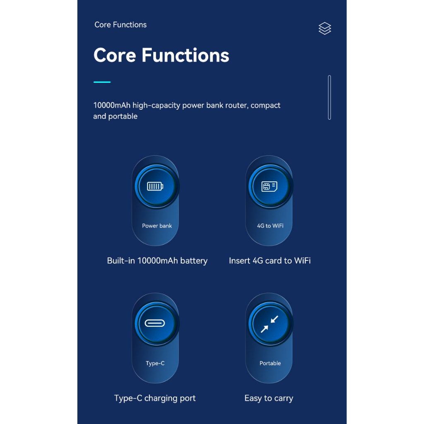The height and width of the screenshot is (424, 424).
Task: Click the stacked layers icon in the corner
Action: (x=325, y=29)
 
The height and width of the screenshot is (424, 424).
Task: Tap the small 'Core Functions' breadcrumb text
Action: (x=120, y=24)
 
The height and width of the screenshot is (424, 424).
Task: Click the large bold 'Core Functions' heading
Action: (x=161, y=55)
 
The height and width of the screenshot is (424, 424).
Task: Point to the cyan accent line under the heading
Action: (x=102, y=82)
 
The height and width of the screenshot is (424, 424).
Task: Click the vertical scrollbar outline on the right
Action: (x=329, y=97)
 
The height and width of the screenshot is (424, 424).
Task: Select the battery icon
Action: (x=155, y=186)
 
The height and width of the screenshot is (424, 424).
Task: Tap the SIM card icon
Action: (x=269, y=186)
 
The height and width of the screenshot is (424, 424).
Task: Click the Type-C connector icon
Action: (x=155, y=323)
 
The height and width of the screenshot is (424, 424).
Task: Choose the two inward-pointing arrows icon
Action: (x=269, y=324)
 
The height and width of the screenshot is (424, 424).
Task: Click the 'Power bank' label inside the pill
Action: (x=157, y=226)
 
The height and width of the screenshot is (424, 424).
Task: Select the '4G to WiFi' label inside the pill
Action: (x=270, y=226)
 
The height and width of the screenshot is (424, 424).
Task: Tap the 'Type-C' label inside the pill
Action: (x=155, y=363)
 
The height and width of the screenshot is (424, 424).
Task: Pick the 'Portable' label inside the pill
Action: (x=270, y=363)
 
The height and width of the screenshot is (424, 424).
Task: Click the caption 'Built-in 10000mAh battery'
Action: (x=157, y=261)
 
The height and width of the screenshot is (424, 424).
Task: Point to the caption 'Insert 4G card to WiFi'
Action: (x=270, y=261)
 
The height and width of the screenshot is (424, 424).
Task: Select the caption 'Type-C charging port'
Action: (x=155, y=398)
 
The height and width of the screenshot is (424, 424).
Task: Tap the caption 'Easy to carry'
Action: (x=269, y=398)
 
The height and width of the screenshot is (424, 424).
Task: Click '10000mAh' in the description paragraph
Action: (x=112, y=105)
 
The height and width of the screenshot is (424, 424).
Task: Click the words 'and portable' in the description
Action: (x=116, y=116)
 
